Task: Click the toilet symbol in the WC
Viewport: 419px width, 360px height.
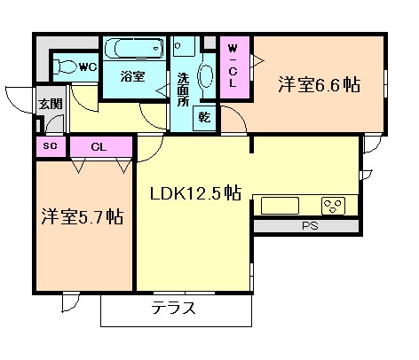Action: [66, 67]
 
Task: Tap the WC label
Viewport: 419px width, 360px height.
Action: [88, 67]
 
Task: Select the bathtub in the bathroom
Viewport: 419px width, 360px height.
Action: [134, 48]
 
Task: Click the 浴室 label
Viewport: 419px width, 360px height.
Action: [133, 76]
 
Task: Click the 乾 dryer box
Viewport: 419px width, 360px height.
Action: [204, 118]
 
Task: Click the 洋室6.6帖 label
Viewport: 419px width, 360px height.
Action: [320, 85]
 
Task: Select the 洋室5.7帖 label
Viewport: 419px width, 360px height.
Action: [83, 216]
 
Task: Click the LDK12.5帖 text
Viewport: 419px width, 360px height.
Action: [196, 193]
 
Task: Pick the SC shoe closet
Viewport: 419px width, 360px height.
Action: [51, 146]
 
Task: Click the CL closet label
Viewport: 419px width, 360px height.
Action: [99, 147]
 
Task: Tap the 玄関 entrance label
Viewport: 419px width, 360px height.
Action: [51, 104]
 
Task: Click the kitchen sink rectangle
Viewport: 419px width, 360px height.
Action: [280, 206]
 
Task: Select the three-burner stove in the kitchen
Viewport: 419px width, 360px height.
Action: [334, 206]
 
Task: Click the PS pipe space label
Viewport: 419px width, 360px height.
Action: [310, 226]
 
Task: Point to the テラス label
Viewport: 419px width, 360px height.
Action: [174, 308]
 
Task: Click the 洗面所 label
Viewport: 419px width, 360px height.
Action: [183, 90]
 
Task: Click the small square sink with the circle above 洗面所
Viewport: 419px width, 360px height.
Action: [184, 46]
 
